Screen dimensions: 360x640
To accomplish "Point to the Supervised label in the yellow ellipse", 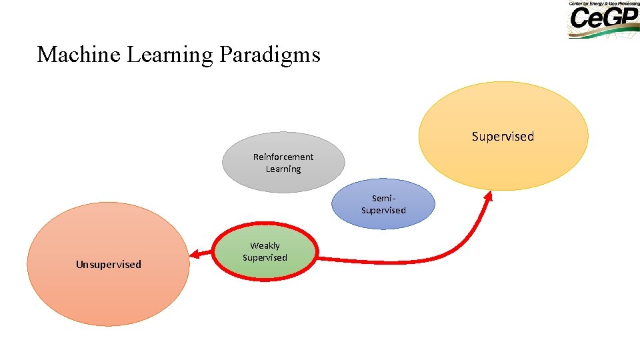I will click(x=503, y=137).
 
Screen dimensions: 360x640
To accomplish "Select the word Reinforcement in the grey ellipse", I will click(x=283, y=157).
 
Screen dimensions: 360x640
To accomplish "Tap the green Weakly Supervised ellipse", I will click(x=265, y=267).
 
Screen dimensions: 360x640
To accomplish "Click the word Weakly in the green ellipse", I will click(x=265, y=246).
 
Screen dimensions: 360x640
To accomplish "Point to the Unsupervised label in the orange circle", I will click(x=109, y=265).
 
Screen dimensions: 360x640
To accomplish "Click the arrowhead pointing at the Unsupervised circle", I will click(x=194, y=254).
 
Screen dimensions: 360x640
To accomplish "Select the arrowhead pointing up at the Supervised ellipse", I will click(x=489, y=195).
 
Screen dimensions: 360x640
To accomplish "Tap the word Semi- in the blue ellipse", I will click(x=384, y=199).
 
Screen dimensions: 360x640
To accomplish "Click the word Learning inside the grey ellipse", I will click(x=283, y=169).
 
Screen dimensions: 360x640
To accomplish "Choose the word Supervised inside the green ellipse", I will click(x=265, y=258).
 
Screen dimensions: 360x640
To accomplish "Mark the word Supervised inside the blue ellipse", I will click(x=383, y=211).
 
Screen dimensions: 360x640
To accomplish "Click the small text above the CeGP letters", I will click(x=603, y=3).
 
